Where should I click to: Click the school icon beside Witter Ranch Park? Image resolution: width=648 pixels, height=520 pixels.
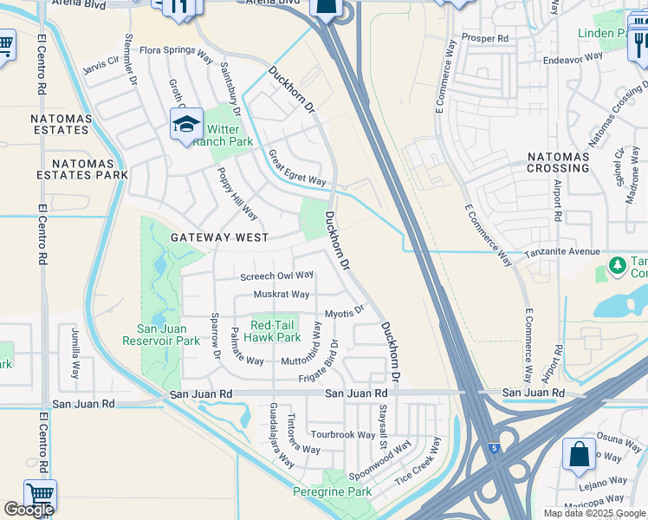click(186, 126)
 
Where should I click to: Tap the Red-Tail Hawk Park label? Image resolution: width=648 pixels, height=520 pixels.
click(275, 331)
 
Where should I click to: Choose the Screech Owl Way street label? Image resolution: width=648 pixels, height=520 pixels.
click(276, 276)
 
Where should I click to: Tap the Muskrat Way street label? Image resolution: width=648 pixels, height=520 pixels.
click(282, 295)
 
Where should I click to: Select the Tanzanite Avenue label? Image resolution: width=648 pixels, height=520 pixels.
click(561, 252)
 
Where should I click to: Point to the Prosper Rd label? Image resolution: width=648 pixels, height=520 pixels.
click(485, 38)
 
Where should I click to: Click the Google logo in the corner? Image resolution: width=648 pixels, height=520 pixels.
click(29, 510)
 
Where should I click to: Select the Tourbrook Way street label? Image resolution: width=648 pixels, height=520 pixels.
click(343, 434)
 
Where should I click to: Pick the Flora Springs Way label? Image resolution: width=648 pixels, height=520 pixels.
click(176, 52)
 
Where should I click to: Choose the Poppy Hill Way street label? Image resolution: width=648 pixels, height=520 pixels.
click(237, 192)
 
